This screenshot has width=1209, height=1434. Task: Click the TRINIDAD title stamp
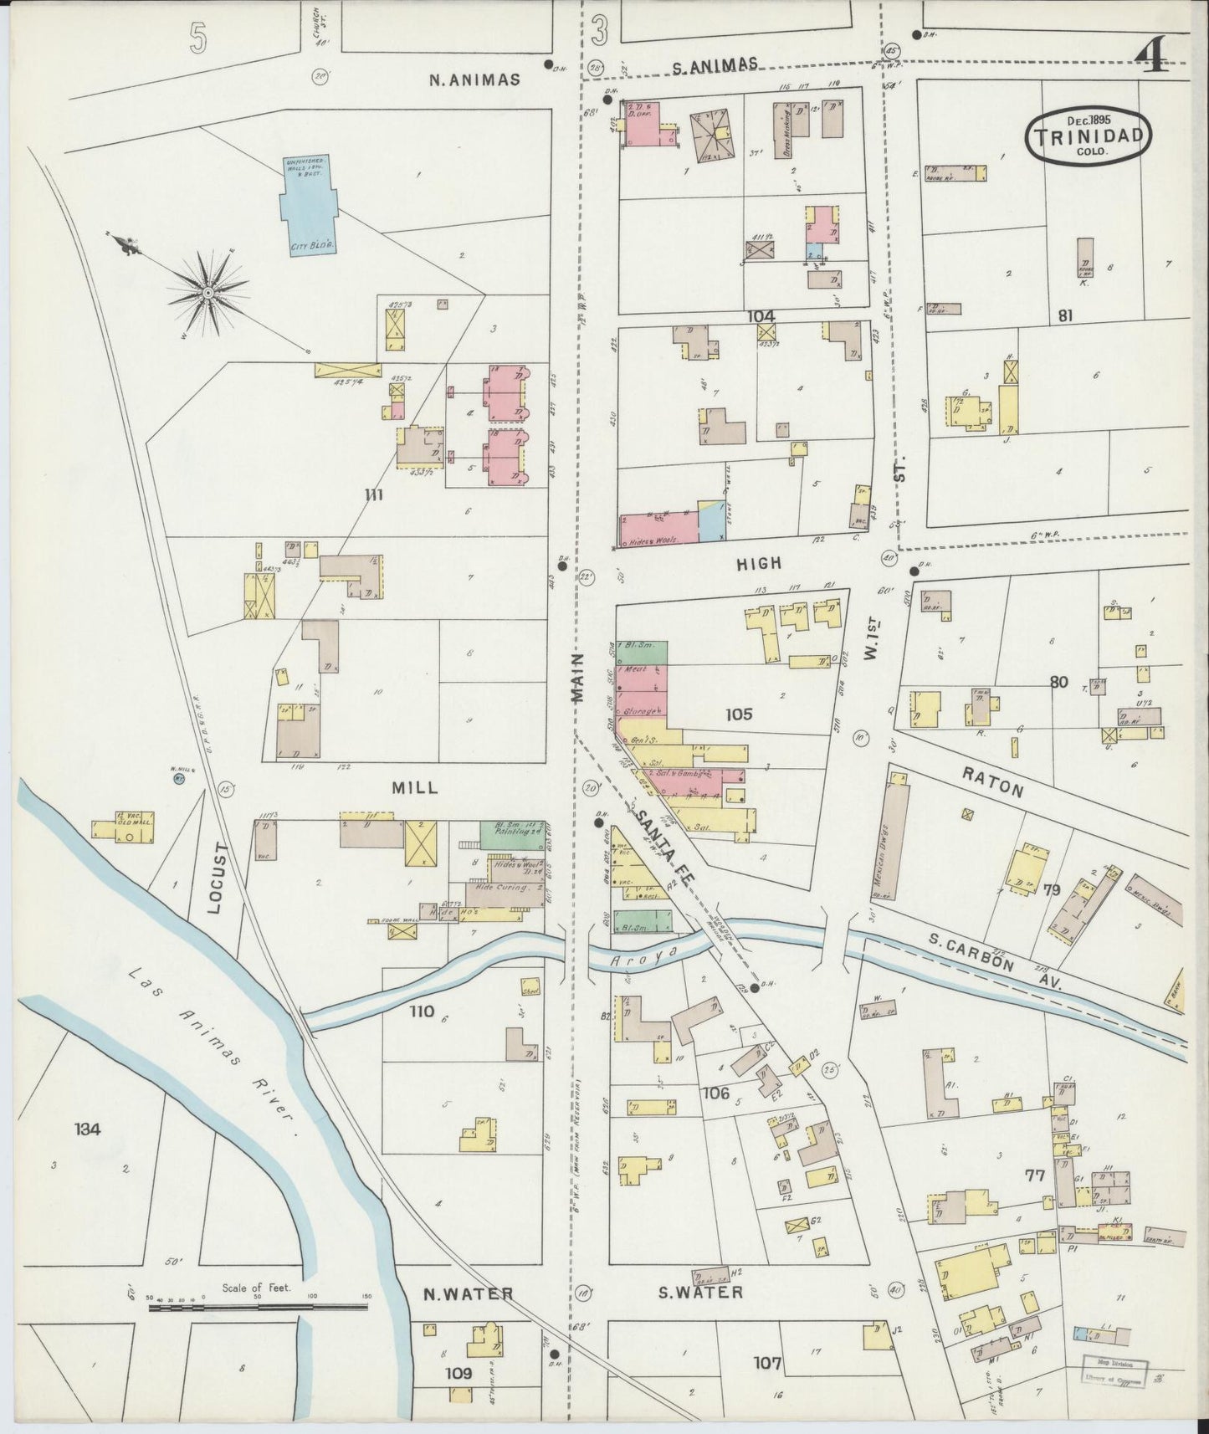(1089, 136)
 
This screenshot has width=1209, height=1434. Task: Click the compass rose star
(207, 291)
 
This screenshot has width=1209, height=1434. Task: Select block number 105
(739, 714)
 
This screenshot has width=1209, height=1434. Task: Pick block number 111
(373, 495)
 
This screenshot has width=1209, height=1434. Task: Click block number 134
(87, 1129)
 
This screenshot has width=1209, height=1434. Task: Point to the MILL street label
(415, 788)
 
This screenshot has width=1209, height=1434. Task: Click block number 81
(1065, 316)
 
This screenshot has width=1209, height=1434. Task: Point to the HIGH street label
(758, 564)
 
